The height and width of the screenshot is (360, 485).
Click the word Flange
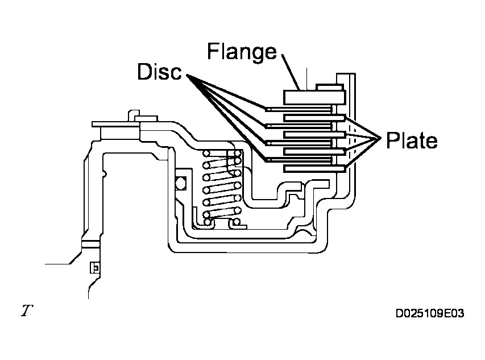[242, 52]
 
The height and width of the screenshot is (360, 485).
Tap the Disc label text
[160, 72]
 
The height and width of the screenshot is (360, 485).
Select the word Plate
[412, 140]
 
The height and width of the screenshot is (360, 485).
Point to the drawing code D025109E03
[430, 313]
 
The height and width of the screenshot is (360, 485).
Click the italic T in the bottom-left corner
[27, 310]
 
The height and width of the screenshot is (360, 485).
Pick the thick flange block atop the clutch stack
[314, 97]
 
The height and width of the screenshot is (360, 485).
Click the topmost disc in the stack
[299, 110]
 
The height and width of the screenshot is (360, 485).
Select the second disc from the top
[299, 126]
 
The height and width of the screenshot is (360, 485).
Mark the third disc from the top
[299, 143]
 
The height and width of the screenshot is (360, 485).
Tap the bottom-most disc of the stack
[299, 160]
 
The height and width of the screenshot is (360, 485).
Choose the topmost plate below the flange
[314, 118]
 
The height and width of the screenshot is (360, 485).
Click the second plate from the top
[314, 135]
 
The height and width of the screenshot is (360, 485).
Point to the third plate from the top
[314, 151]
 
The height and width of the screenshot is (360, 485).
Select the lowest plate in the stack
[314, 168]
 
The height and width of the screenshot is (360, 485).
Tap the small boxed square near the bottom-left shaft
[95, 267]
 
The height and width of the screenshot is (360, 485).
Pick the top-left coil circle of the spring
[206, 153]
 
